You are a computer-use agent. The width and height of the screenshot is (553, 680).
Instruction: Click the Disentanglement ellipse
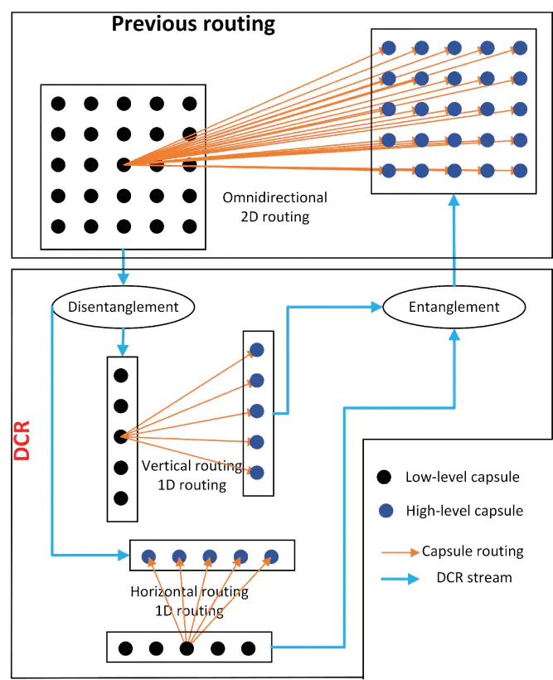point(124,307)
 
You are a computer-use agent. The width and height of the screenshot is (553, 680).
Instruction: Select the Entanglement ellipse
point(454,307)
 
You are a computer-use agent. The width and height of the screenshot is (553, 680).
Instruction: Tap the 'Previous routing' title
point(193,23)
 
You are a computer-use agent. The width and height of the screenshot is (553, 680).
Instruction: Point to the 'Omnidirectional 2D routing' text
point(275,206)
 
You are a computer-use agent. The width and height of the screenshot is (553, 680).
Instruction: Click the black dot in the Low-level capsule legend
point(383,478)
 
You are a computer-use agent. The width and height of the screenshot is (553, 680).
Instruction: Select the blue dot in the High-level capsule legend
point(383,511)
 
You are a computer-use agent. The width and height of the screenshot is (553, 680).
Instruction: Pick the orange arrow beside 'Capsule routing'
point(400,551)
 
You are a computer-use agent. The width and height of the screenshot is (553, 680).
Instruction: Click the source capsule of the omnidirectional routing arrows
point(124,164)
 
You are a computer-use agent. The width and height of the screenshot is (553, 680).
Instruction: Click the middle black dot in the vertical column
point(121,435)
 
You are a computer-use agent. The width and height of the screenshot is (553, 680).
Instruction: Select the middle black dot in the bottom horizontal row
point(187,648)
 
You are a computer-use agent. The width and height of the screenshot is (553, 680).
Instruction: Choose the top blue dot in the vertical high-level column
point(257,350)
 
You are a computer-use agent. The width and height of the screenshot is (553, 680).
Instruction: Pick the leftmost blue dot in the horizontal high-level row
point(148,556)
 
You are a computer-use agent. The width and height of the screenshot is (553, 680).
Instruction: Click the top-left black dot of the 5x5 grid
point(58,103)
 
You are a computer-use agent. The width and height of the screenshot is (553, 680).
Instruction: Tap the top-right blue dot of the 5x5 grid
point(520,47)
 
